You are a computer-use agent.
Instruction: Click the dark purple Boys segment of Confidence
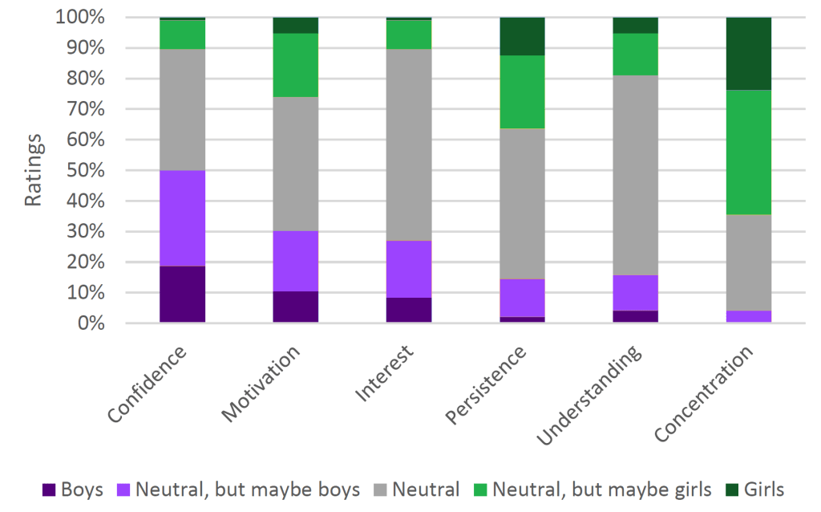tap(182, 295)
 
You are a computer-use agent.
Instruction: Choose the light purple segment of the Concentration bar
tap(747, 316)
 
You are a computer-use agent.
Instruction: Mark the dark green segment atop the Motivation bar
tap(295, 25)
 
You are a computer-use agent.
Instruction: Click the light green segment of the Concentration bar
tap(747, 152)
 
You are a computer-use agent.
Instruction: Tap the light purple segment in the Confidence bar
tap(182, 218)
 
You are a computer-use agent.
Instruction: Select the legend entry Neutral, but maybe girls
tap(601, 490)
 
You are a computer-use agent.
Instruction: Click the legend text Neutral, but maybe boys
tap(247, 490)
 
